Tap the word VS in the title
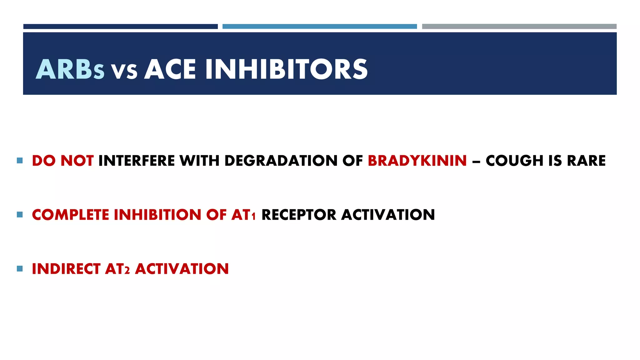(x=124, y=71)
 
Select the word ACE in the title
(x=170, y=69)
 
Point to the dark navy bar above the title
(x=120, y=27)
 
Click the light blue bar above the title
(x=319, y=27)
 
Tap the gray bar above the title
(x=519, y=27)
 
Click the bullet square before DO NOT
(x=20, y=161)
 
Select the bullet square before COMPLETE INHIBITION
(x=20, y=214)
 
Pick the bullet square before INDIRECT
(x=20, y=268)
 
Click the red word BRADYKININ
(x=417, y=161)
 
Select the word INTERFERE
(x=137, y=161)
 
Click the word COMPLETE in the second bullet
(x=70, y=215)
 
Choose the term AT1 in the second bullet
(x=243, y=215)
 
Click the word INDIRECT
(x=66, y=269)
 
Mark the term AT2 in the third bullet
(x=117, y=269)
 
